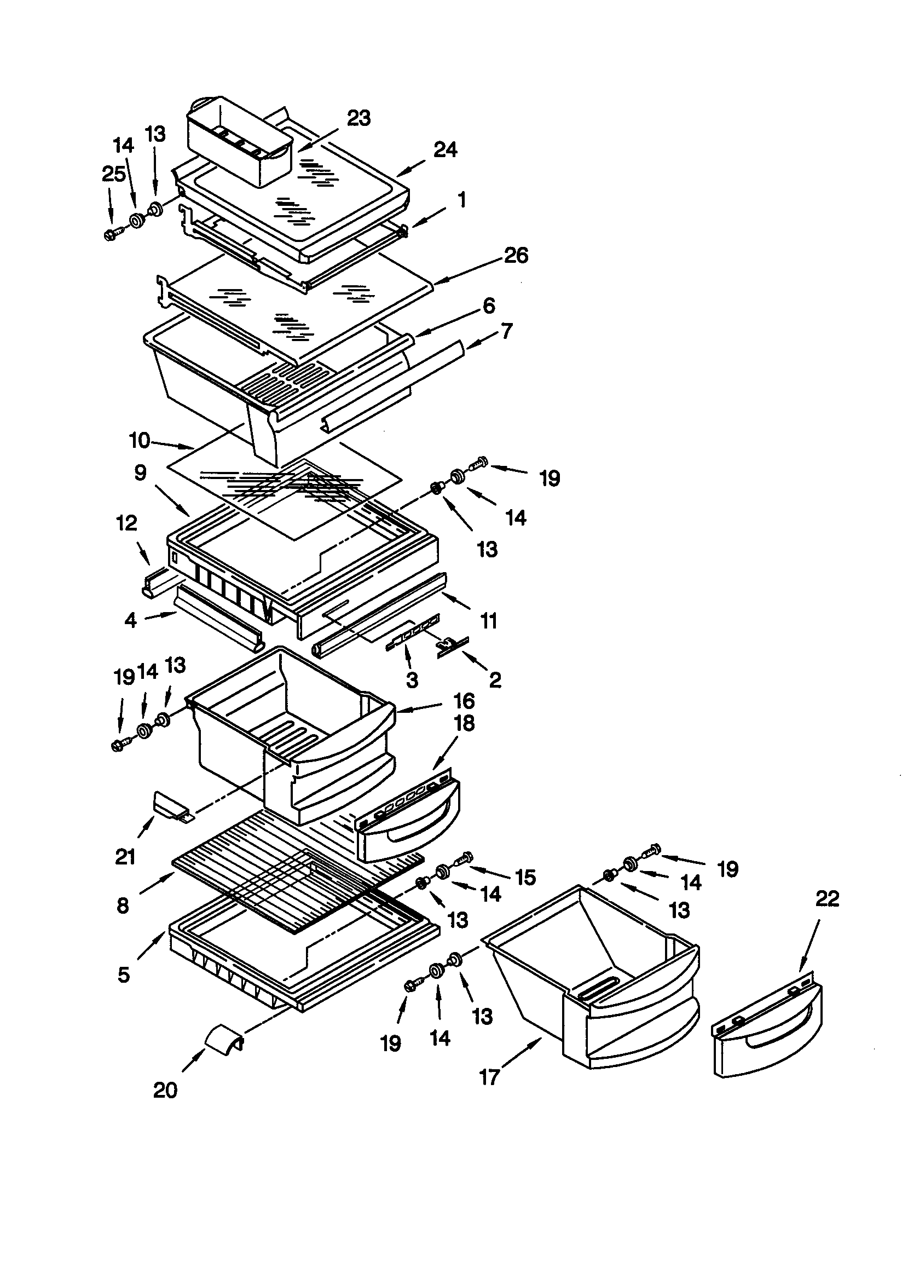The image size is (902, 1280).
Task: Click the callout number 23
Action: pos(359,119)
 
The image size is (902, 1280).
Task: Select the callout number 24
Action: pos(445,150)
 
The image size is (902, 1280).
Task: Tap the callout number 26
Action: pos(516,255)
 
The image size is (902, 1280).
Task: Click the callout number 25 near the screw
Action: pos(113,175)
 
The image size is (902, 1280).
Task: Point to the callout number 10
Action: pos(140,440)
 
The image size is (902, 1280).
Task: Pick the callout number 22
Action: pos(826,898)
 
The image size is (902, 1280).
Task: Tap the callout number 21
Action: pos(125,856)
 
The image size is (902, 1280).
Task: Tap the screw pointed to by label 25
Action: pos(111,235)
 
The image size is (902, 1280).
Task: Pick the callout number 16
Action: pos(464,701)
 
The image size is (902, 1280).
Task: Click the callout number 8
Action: pos(123,906)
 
